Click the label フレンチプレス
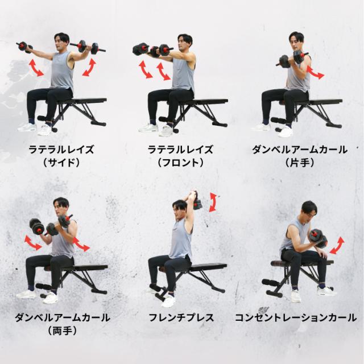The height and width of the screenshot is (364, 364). click(x=181, y=317)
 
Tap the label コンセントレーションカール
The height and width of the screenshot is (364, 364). click(x=296, y=317)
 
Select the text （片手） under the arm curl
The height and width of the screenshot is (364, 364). click(x=300, y=163)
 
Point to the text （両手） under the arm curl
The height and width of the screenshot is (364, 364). click(x=62, y=330)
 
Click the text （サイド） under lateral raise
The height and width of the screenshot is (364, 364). click(x=61, y=163)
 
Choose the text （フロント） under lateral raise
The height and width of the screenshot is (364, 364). click(x=181, y=163)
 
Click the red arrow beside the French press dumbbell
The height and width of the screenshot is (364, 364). click(x=213, y=202)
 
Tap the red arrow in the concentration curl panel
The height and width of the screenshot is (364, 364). click(x=337, y=246)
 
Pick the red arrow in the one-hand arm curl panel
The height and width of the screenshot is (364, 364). click(x=315, y=72)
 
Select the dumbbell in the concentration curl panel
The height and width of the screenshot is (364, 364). click(x=318, y=238)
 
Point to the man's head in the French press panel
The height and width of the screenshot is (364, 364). click(x=180, y=208)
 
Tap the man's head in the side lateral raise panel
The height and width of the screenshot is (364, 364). click(x=62, y=42)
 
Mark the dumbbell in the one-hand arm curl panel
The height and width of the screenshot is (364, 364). click(x=292, y=60)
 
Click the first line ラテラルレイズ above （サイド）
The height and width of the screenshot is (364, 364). click(x=61, y=150)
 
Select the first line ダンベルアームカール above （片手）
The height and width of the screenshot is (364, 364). click(x=300, y=150)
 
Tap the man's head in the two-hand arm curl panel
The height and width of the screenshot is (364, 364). click(x=61, y=206)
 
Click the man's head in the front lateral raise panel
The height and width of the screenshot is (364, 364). click(x=185, y=43)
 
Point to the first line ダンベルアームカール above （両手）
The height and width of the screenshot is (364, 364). click(x=62, y=317)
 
